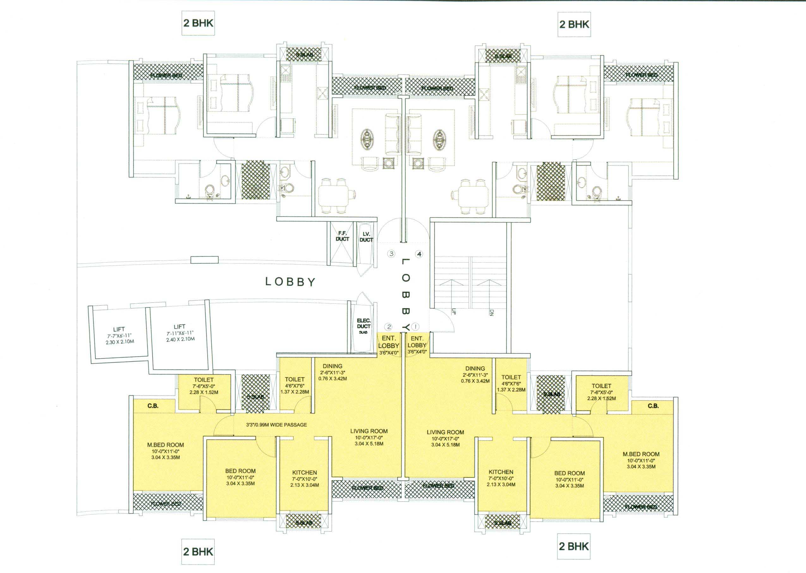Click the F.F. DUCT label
(342, 236)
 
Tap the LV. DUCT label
(366, 237)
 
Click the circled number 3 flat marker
(391, 254)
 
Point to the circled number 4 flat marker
(419, 254)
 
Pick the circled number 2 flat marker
(389, 327)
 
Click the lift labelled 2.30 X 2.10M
(119, 335)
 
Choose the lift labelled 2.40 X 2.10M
(180, 333)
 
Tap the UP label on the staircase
(454, 312)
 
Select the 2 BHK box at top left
(198, 23)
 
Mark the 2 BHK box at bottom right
(574, 546)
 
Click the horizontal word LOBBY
(290, 282)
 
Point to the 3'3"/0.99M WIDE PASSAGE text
(276, 425)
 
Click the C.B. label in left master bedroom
(153, 406)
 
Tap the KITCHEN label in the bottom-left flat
(304, 472)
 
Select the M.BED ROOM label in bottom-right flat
(641, 454)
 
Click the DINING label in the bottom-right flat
(475, 368)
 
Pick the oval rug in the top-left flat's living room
(368, 140)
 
